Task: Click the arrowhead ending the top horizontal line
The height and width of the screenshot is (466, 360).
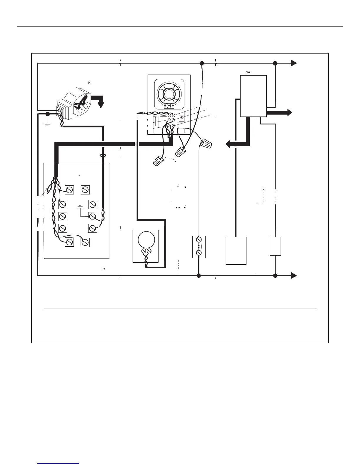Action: [x=294, y=63]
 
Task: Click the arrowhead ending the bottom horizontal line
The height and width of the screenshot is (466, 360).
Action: [x=294, y=276]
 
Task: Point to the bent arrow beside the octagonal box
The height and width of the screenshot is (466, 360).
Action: [x=99, y=100]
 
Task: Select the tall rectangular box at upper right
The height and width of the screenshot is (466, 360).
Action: [x=253, y=96]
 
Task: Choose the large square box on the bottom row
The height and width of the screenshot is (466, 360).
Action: [x=236, y=251]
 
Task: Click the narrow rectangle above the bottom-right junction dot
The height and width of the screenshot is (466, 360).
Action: [x=275, y=246]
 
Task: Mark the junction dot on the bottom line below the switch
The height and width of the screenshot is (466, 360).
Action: [x=199, y=276]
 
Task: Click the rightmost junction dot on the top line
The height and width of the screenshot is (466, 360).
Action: [x=275, y=63]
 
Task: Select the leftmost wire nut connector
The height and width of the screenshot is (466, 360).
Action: [x=159, y=161]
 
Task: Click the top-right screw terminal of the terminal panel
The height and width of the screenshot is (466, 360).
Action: [x=85, y=190]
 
